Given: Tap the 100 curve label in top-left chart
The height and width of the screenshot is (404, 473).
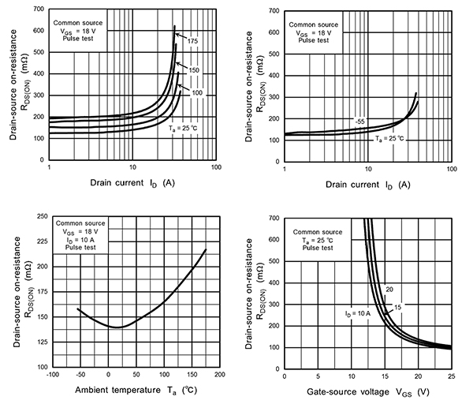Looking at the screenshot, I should point(197,93).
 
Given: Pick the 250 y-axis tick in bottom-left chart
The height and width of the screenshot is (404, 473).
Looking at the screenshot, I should point(39,215).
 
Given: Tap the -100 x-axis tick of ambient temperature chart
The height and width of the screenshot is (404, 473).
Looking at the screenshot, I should point(53,376).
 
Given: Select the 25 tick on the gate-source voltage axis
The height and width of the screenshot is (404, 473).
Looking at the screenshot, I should point(451,376).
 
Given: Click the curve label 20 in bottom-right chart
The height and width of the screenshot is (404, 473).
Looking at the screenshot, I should point(388,289).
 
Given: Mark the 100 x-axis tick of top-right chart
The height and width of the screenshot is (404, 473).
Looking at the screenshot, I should point(451,166).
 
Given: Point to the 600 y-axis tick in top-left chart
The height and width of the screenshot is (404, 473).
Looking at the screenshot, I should point(38,31).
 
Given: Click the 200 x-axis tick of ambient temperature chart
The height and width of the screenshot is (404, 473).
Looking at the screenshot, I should point(218,376).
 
